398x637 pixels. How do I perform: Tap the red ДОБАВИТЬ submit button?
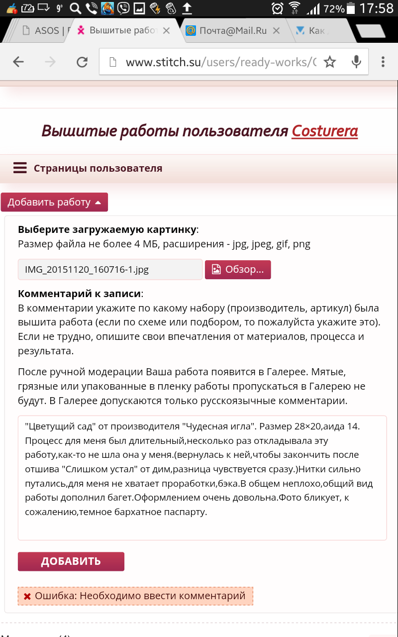tap(71, 561)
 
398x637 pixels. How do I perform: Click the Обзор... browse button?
tap(238, 270)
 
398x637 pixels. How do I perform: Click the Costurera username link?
tap(324, 131)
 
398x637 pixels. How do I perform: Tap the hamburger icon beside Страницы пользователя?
tap(20, 168)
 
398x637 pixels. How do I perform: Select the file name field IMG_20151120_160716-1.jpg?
tap(110, 270)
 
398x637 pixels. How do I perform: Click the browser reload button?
tap(82, 62)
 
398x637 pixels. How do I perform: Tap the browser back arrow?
tap(18, 62)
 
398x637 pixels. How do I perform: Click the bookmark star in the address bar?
tap(329, 62)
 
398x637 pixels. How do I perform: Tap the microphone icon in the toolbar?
tap(356, 62)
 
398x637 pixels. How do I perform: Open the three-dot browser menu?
tap(383, 62)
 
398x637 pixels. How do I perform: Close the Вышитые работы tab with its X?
tap(167, 31)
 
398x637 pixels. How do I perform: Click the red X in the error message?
tap(27, 596)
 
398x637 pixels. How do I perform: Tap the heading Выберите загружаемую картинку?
tap(107, 229)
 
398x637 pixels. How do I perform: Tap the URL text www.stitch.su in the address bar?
tap(162, 62)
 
